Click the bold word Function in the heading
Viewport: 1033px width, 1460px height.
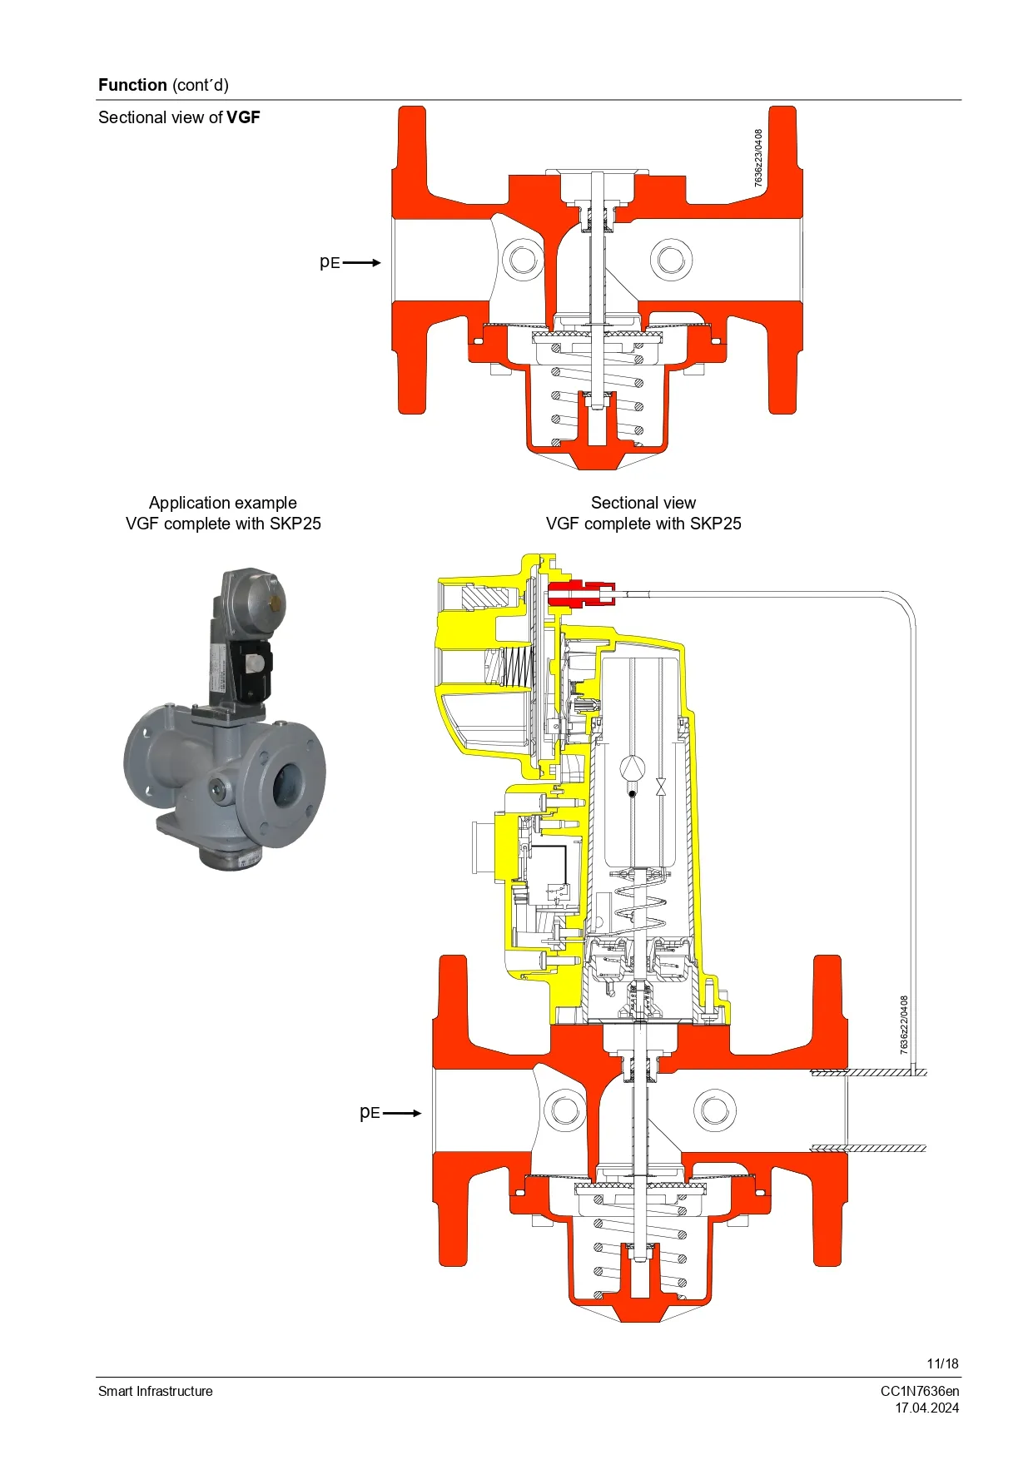click(132, 85)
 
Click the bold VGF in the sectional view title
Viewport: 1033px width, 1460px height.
click(243, 117)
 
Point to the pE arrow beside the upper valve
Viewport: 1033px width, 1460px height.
click(361, 262)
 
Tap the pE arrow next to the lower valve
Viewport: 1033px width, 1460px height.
click(402, 1113)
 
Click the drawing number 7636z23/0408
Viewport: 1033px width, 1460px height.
click(758, 157)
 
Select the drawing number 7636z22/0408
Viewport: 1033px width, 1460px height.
click(905, 1025)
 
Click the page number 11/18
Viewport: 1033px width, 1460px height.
click(942, 1363)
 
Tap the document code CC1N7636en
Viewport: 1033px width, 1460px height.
click(919, 1391)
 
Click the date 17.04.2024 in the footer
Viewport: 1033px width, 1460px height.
click(926, 1408)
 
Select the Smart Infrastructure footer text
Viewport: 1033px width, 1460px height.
click(156, 1391)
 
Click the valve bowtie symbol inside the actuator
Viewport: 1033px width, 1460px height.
click(661, 787)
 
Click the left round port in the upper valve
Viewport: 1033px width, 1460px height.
click(524, 258)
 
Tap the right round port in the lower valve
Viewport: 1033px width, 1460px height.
click(714, 1110)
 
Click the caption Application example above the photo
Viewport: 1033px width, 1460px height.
click(222, 503)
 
